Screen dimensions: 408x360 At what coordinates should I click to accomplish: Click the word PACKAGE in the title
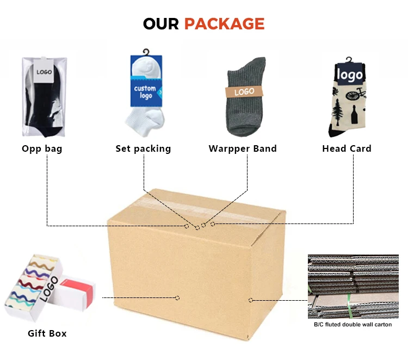coord(224,24)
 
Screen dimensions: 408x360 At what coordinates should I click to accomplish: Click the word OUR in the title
coord(161,24)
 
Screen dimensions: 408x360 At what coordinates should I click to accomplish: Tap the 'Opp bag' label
coord(42,148)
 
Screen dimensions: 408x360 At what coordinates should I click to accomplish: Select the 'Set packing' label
coord(143,148)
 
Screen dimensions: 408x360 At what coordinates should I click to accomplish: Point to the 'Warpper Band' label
coord(243,148)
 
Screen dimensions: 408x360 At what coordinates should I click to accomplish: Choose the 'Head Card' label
coord(347,148)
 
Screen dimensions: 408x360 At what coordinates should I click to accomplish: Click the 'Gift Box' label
coord(47,333)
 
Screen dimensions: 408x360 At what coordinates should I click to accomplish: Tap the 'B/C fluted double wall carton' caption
coord(353,325)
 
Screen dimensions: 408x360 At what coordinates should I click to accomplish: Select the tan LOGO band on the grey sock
coord(244,91)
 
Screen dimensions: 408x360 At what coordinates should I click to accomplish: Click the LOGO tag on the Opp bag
coord(44,72)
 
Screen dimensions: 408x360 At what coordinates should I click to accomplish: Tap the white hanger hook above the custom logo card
coord(145,52)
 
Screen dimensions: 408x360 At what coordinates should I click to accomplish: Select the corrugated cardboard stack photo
coord(353,287)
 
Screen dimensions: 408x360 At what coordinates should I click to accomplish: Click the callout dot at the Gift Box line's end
coord(177,297)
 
